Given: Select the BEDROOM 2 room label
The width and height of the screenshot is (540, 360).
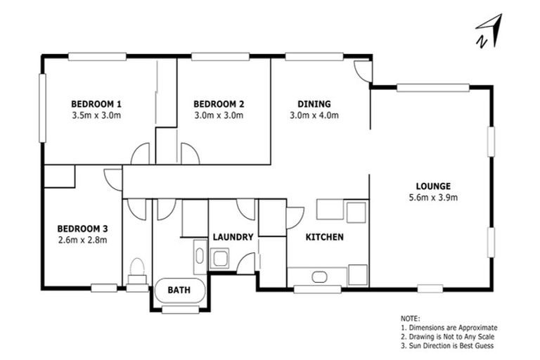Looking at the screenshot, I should coord(219,103).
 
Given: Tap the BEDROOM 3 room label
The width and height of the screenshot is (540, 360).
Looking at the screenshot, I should coord(82,229).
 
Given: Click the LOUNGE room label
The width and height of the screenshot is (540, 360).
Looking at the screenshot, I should coord(432,186).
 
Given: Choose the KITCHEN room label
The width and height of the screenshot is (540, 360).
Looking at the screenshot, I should coord(324,237).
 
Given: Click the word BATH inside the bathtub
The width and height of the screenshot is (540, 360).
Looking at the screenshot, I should coord(179,290).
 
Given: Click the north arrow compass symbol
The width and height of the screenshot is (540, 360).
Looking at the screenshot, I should coord(489,32).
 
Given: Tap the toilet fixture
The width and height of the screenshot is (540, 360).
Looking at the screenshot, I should coord(137,271).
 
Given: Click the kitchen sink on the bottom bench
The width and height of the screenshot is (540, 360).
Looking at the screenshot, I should coord(320,275).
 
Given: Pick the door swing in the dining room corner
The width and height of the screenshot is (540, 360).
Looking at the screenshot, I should coord(361,70).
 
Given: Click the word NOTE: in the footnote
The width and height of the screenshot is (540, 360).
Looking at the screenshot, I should coord(410,319).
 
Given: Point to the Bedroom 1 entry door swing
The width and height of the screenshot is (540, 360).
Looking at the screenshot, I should coord(141,154).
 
